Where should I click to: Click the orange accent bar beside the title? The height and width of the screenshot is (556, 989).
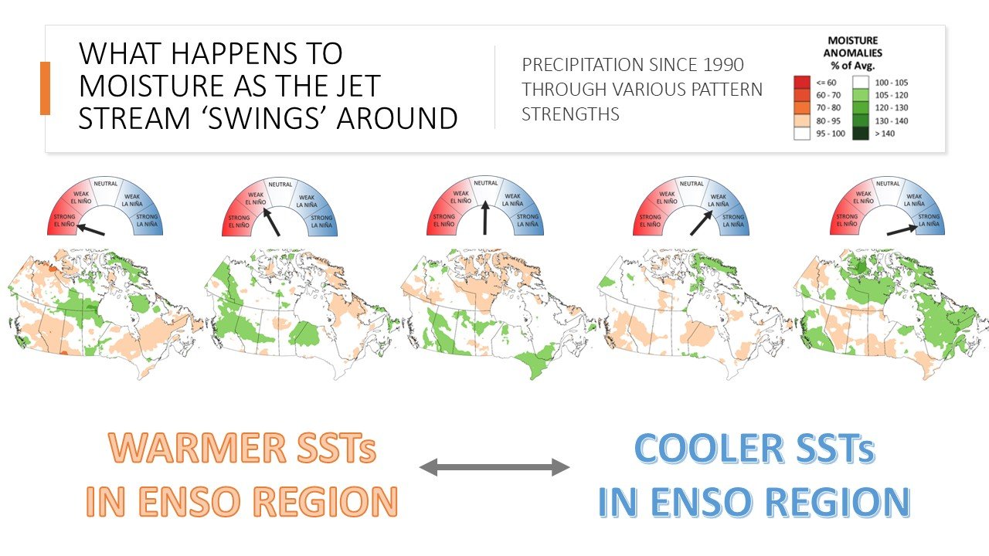point(45,88)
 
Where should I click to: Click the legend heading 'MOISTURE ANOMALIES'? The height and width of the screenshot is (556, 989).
point(855,46)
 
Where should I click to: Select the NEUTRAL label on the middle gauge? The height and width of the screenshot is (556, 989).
point(485,184)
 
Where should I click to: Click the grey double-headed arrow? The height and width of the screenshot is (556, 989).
point(494,467)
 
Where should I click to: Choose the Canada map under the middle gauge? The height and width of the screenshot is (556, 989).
point(494,313)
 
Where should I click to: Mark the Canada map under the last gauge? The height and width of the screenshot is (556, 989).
point(889,313)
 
